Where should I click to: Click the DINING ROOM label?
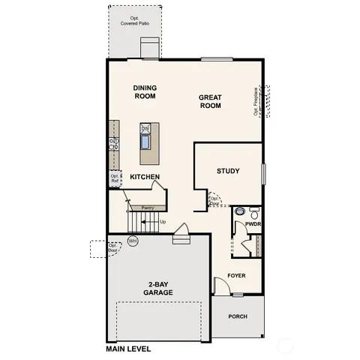coord(145,91)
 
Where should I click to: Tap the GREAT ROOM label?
coord(210,101)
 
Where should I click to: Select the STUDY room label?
coord(228,171)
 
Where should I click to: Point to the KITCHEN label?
coord(145,177)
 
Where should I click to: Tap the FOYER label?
coord(237,275)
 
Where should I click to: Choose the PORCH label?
coord(238,316)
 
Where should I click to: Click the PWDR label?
coord(253,223)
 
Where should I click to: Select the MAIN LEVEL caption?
coord(130,349)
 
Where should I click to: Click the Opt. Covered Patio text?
coord(135,20)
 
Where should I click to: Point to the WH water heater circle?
coord(133,241)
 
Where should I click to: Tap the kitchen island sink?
coord(145,140)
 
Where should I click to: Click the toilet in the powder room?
coord(253,211)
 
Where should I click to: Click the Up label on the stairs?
coord(162,222)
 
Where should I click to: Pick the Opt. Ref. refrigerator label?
coord(115,178)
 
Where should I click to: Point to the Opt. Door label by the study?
coord(214,200)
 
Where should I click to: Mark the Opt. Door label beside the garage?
coord(114,248)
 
